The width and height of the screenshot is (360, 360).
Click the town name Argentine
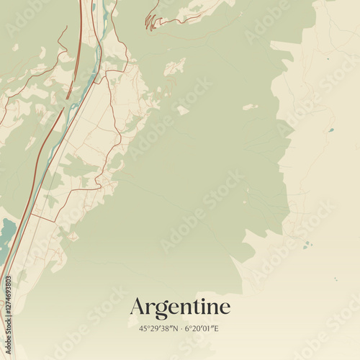[180, 307]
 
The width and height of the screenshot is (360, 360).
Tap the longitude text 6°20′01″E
[202, 328]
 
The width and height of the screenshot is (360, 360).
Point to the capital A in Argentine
[138, 307]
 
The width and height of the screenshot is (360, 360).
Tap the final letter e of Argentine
[225, 309]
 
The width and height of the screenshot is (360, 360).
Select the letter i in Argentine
[202, 307]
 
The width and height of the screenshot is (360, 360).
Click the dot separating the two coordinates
[180, 329]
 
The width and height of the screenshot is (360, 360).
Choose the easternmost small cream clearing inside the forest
[250, 107]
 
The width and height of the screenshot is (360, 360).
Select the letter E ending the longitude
[217, 328]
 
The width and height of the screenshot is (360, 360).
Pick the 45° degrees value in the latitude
[143, 328]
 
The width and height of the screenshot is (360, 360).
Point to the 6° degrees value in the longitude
[189, 328]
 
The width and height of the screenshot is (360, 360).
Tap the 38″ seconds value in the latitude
[166, 328]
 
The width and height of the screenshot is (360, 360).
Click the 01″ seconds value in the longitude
[210, 328]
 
